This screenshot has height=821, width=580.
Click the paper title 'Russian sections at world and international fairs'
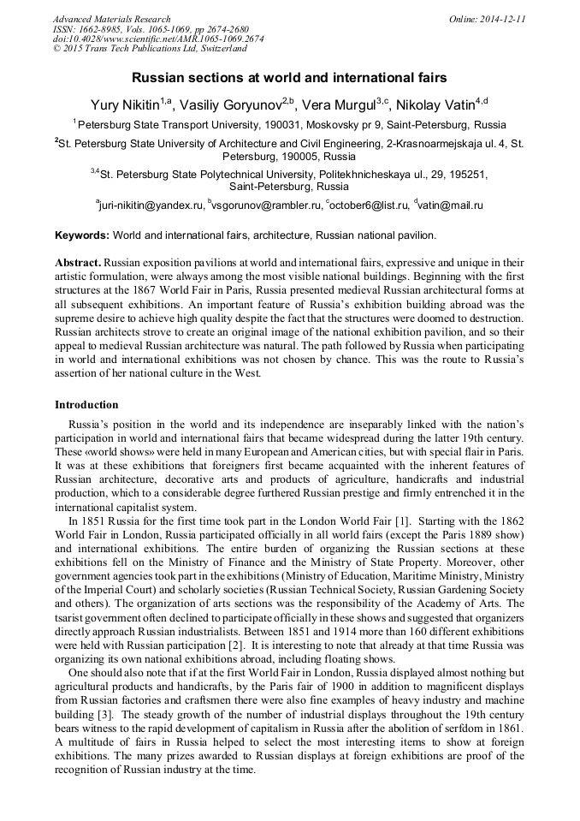click(289, 78)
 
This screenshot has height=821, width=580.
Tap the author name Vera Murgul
click(336, 103)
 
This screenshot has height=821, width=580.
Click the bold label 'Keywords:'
click(82, 235)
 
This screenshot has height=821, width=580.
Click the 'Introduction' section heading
click(86, 404)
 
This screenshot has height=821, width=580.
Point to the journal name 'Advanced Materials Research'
click(111, 19)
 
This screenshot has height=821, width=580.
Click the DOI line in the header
click(158, 39)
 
